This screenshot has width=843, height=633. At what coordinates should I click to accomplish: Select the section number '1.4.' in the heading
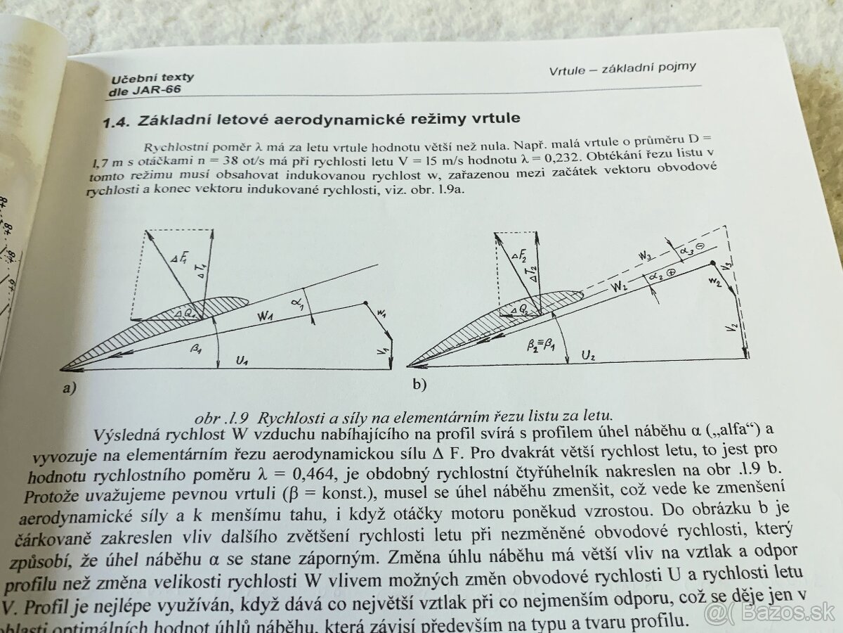point(117,122)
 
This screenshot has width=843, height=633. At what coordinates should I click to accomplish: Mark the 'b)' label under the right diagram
point(419,384)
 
